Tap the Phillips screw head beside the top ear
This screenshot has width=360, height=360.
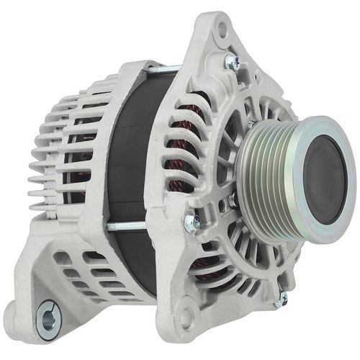click(233, 63)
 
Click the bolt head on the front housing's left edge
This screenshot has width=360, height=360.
click(191, 222)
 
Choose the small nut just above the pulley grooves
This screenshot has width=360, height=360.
click(251, 124)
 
